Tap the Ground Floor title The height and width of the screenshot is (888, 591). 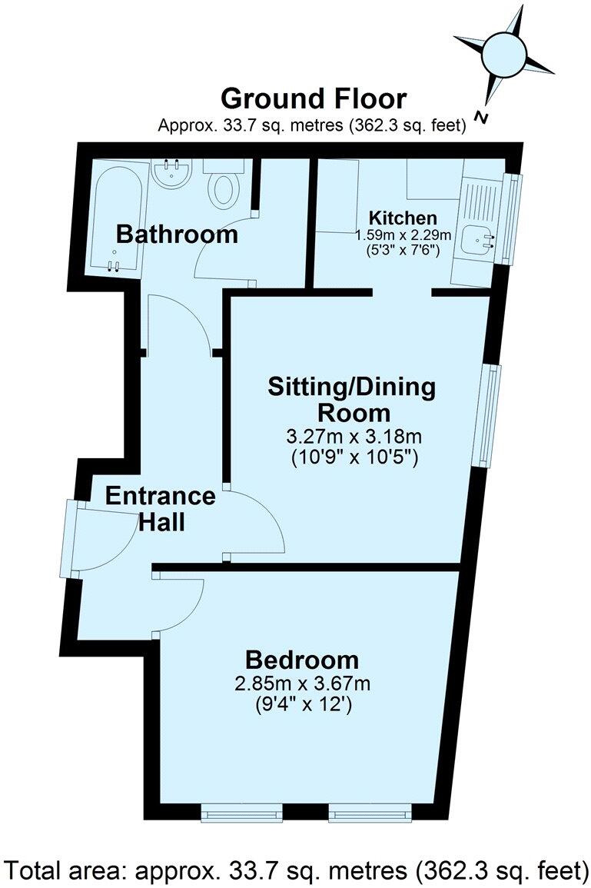(x=313, y=99)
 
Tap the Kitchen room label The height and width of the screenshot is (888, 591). (x=402, y=217)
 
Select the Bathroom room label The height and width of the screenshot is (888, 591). (x=177, y=234)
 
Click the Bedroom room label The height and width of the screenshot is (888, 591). (x=302, y=660)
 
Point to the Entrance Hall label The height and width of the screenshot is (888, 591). (x=160, y=509)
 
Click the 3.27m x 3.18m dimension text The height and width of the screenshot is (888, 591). (x=355, y=437)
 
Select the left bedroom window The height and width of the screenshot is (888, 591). (x=241, y=813)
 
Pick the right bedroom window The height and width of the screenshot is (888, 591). (x=370, y=813)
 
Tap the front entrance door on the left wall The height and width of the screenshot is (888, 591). (x=71, y=539)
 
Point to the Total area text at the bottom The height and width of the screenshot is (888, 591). (x=295, y=871)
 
